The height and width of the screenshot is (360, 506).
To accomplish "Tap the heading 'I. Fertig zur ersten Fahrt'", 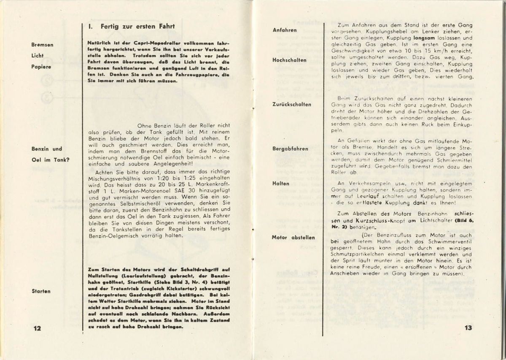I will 129,27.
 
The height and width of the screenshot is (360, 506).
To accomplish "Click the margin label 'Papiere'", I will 40,66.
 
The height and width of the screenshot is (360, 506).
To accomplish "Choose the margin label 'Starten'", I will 41,291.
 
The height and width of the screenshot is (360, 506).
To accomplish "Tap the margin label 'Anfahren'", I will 285,30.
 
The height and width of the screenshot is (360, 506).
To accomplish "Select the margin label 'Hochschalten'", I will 289,60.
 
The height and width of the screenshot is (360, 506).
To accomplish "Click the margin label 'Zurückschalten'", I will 292,104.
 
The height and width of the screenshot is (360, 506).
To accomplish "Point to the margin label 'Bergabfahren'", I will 290,149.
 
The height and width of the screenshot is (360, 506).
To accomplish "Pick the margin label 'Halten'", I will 281,184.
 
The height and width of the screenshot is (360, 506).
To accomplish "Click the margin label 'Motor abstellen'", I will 293,237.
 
